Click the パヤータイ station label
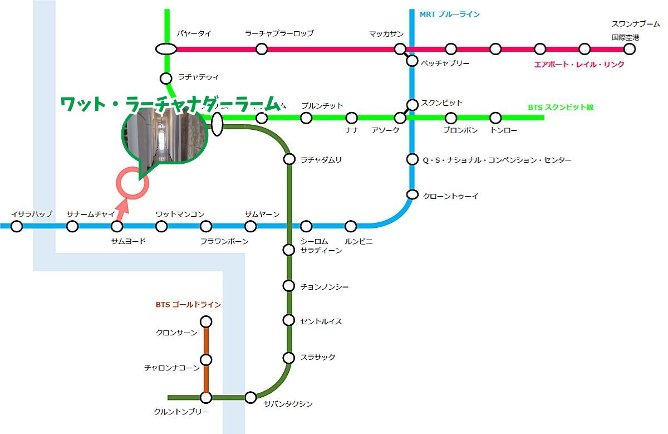pyautogui.click(x=194, y=34)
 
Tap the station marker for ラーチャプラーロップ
pyautogui.click(x=262, y=49)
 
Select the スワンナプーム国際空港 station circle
pyautogui.click(x=629, y=49)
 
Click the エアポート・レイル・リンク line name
pyautogui.click(x=579, y=65)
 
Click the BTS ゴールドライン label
pyautogui.click(x=188, y=305)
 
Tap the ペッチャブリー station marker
pyautogui.click(x=412, y=61)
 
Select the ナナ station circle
pyautogui.click(x=351, y=118)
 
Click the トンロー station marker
pyautogui.click(x=495, y=118)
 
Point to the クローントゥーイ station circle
pyautogui.click(x=412, y=194)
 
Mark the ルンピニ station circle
pyautogui.click(x=351, y=226)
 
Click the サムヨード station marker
pyautogui.click(x=117, y=226)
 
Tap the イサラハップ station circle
pyautogui.click(x=17, y=226)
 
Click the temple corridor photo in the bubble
pyautogui.click(x=164, y=135)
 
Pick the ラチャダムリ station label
pyautogui.click(x=321, y=160)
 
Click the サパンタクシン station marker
pyautogui.click(x=250, y=397)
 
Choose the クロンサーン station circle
pyautogui.click(x=206, y=322)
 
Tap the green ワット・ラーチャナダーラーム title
pyautogui.click(x=170, y=104)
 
